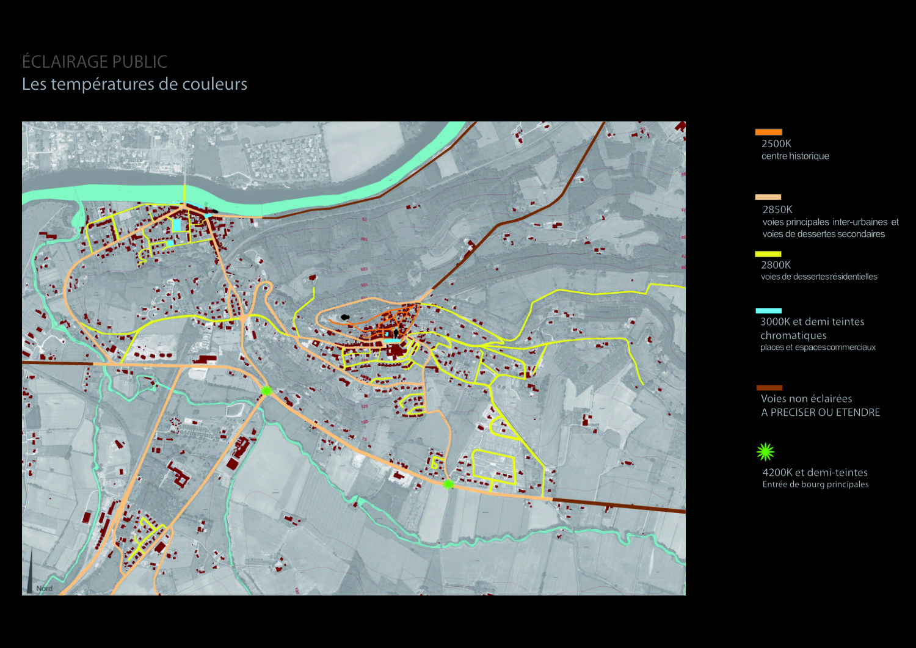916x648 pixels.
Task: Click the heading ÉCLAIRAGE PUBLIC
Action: click(x=95, y=62)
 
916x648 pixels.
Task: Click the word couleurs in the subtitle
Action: click(x=214, y=84)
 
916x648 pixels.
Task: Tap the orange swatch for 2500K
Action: click(x=768, y=132)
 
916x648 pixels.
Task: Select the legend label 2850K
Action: click(x=777, y=209)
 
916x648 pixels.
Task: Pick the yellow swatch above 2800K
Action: click(x=768, y=254)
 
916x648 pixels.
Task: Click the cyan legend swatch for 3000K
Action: click(x=768, y=311)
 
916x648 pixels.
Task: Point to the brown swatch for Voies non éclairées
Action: click(x=769, y=388)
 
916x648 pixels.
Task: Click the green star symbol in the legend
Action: click(x=765, y=452)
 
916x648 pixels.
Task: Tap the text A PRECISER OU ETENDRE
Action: click(x=820, y=412)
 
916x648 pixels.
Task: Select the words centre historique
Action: click(x=795, y=156)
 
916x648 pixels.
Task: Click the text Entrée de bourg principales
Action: click(x=815, y=484)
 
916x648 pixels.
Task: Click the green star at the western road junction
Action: click(x=266, y=390)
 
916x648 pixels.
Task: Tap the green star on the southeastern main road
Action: click(x=448, y=484)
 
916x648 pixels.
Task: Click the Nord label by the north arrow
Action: click(x=45, y=589)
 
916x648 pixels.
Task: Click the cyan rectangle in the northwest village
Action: click(x=176, y=225)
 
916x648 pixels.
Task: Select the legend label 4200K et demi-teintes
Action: click(x=815, y=472)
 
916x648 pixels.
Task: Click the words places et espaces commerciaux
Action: click(x=818, y=348)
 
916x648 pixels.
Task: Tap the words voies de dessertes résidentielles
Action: click(x=818, y=277)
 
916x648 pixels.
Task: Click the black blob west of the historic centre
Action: click(x=344, y=317)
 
